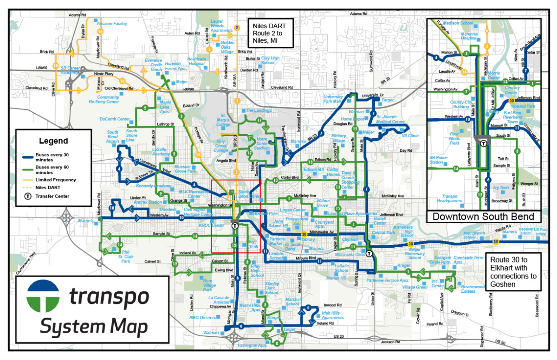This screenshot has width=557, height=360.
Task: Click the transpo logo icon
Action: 43,297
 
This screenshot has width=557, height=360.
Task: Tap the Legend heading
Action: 53,141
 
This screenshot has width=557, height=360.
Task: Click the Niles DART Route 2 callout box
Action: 269,32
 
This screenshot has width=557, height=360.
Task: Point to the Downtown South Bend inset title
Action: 483,217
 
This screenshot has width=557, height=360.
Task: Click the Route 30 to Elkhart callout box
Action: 513,272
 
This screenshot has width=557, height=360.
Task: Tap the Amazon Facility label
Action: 111,23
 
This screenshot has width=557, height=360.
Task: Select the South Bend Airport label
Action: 112,138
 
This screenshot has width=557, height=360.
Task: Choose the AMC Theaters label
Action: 202,317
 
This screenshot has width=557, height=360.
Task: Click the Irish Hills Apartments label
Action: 333,315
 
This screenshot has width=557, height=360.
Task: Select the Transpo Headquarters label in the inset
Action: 451,199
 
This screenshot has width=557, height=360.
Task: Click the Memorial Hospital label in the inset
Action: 469,37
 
